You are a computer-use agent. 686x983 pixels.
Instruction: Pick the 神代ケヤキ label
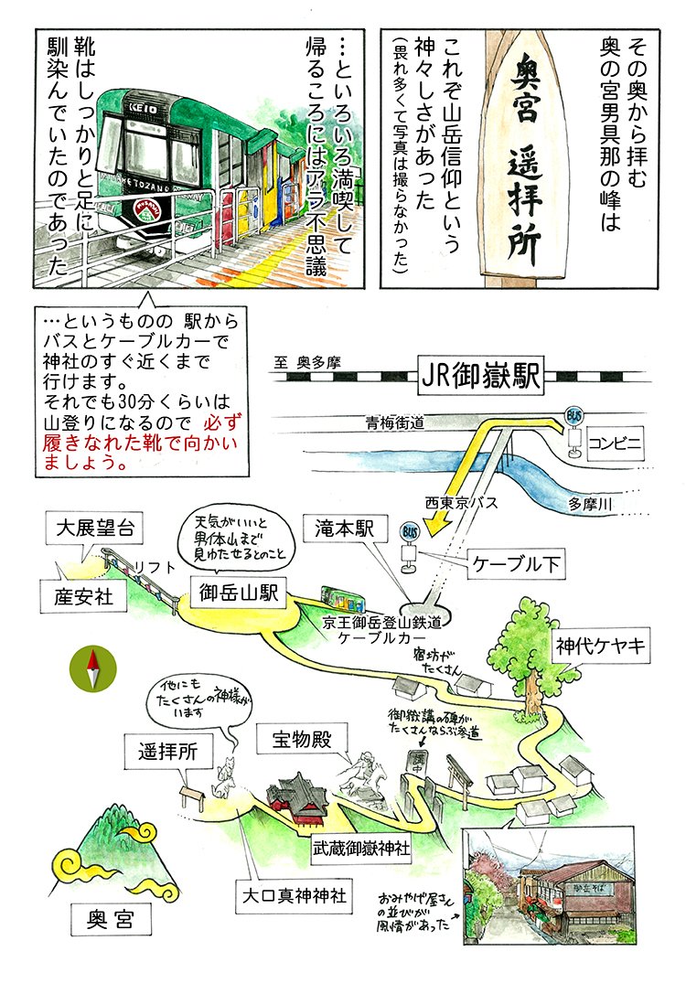[x=599, y=650]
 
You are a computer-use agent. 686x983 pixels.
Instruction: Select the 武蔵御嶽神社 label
[x=361, y=848]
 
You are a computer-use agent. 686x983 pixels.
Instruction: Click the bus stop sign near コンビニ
[x=574, y=428]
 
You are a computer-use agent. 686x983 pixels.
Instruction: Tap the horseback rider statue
[x=363, y=774]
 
